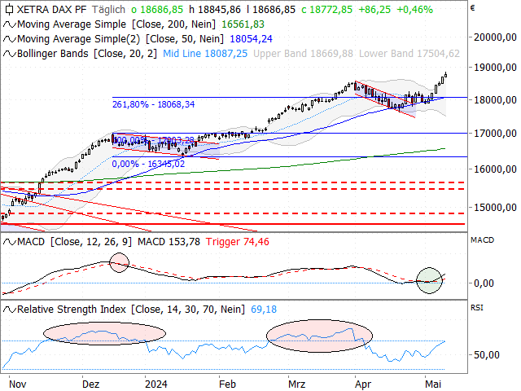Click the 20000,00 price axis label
click(497, 37)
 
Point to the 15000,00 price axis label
click(497, 208)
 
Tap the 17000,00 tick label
click(497, 133)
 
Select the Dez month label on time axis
click(91, 383)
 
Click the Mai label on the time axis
click(432, 383)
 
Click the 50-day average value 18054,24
click(252, 38)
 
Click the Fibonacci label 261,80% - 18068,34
click(153, 103)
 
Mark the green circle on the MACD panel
click(429, 280)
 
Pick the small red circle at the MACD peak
click(119, 262)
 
